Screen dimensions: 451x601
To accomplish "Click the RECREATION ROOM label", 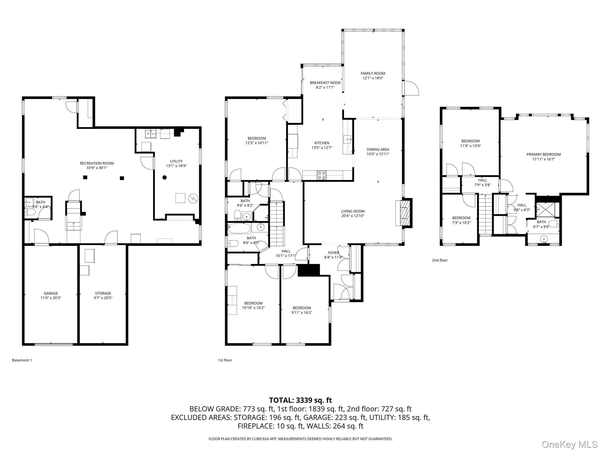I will [97, 163].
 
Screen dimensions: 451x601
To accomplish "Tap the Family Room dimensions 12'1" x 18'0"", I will [373, 78].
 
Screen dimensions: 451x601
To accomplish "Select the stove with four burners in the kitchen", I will [321, 175].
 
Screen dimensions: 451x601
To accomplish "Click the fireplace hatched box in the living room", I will [405, 212].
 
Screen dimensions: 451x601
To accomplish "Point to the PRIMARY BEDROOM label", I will [543, 154].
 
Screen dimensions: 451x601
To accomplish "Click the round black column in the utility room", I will [165, 177].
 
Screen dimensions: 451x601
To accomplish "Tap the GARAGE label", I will [51, 293].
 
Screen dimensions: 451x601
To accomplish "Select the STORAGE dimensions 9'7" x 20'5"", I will [103, 298].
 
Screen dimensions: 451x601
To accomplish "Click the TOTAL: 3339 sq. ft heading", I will [300, 400].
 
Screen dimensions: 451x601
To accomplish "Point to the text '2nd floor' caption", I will [440, 260].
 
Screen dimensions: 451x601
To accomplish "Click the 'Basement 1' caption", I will [22, 360].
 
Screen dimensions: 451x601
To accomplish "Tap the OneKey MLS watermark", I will [569, 444].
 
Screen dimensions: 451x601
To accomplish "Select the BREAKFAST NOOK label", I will [325, 83].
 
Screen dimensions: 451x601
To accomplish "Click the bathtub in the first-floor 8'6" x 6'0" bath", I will [239, 228].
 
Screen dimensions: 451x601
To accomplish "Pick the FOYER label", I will [333, 253].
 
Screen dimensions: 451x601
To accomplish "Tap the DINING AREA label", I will [378, 149].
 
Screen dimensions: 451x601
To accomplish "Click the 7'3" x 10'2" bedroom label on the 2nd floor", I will [461, 218].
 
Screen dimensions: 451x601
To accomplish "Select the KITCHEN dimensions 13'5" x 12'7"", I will [322, 148].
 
